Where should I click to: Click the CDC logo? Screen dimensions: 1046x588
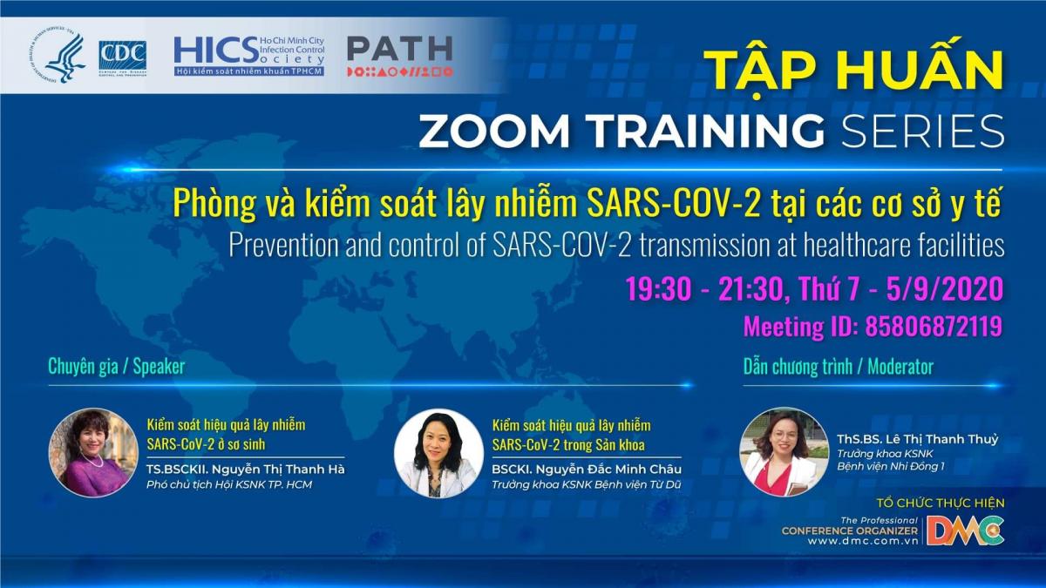click(x=123, y=58)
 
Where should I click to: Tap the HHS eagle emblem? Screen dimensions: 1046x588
click(x=58, y=55)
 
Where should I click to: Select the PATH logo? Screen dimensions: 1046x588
click(x=400, y=56)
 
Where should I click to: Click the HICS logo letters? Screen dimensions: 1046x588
click(x=216, y=51)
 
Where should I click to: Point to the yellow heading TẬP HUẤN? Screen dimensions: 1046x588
click(x=853, y=70)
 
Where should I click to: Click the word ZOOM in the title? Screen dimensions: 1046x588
click(x=494, y=130)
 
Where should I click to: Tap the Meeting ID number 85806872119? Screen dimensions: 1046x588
click(x=934, y=326)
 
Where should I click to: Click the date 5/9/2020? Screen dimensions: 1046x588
click(x=945, y=288)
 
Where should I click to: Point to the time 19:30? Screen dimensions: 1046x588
click(x=658, y=288)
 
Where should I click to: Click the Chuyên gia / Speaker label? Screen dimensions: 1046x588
click(x=117, y=367)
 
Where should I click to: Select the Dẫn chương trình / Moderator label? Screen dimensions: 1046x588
click(x=839, y=367)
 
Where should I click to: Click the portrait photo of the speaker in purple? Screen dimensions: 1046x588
click(x=93, y=453)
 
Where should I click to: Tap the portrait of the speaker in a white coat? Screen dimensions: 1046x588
click(x=439, y=453)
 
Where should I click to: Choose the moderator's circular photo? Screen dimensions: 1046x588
click(x=784, y=452)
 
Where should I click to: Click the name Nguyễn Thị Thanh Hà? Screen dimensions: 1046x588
click(x=278, y=469)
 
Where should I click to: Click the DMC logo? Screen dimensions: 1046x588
click(x=965, y=531)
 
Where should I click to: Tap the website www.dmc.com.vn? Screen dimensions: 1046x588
click(x=862, y=541)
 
